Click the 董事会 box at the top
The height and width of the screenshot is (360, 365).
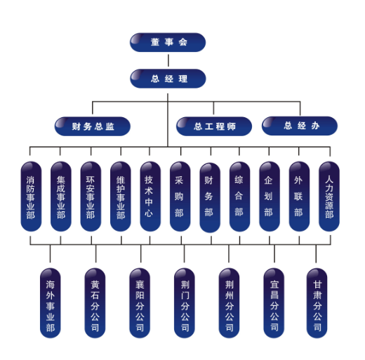tap(168, 42)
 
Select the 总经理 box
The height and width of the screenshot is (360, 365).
tap(168, 79)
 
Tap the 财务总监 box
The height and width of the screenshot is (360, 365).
tap(93, 126)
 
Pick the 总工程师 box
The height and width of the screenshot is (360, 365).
tap(214, 126)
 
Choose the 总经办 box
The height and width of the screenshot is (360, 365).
tap(300, 126)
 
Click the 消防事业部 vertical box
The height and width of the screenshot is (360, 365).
tap(31, 196)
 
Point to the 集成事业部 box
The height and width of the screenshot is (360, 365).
tap(61, 196)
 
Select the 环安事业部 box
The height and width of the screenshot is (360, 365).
tap(91, 196)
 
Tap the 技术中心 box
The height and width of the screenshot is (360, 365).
tap(150, 196)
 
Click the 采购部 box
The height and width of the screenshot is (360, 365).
tap(180, 196)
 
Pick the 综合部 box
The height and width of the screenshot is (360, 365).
tap(239, 196)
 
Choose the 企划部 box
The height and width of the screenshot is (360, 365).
tap(270, 196)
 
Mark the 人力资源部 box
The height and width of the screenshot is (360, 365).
tap(329, 196)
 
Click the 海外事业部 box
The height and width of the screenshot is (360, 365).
tap(51, 303)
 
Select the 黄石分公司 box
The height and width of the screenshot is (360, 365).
tap(95, 303)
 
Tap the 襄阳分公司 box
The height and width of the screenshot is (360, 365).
tap(140, 303)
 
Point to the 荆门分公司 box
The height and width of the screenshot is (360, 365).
tap(185, 303)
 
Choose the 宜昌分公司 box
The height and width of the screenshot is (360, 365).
tap(274, 303)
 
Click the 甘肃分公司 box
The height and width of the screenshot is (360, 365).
tap(317, 303)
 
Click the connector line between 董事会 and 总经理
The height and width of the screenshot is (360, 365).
tap(168, 60)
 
